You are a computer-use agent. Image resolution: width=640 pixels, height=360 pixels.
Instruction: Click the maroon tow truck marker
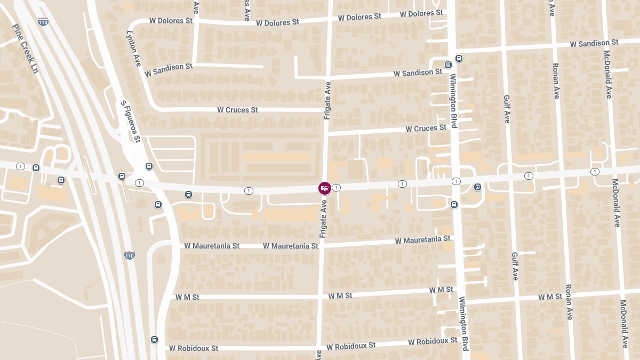click(324, 188)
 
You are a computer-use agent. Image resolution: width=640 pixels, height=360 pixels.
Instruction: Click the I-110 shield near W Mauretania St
click(129, 255)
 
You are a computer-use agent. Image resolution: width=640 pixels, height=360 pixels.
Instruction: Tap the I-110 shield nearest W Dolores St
click(43, 22)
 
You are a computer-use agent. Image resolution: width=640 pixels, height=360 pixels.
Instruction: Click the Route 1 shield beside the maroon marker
click(337, 188)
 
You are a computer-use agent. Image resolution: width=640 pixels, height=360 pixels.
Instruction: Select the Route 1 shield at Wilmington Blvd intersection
click(456, 181)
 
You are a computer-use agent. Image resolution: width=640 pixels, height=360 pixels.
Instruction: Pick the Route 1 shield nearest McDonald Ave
click(595, 171)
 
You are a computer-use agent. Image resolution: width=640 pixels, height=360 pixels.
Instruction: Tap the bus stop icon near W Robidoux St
click(155, 339)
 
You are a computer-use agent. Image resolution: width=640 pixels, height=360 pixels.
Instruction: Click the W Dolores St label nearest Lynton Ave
click(171, 21)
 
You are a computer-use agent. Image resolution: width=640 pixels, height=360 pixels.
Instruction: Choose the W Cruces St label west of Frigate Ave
click(237, 110)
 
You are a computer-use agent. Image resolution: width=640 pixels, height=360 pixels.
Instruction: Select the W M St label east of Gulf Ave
click(550, 297)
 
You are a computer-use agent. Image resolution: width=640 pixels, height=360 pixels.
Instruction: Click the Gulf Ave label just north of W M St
click(515, 266)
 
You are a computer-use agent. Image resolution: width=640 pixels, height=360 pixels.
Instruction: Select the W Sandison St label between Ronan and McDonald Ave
click(594, 43)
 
